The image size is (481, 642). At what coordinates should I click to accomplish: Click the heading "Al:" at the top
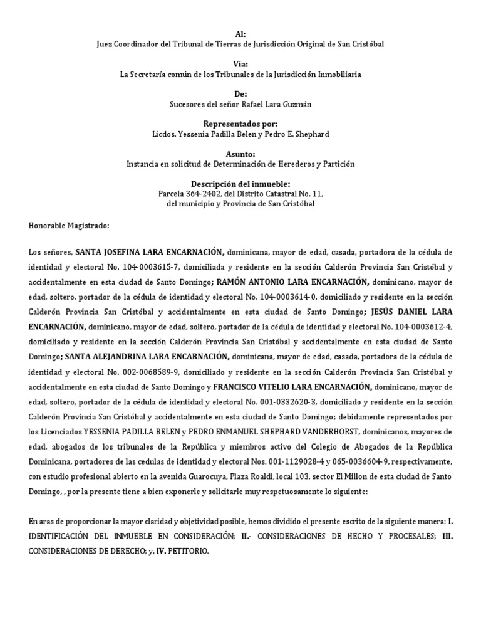pos(240,34)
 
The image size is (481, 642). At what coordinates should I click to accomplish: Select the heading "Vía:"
pos(240,65)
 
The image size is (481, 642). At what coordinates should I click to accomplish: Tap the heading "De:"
pos(240,94)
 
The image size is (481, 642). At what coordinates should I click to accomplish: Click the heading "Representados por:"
pos(240,124)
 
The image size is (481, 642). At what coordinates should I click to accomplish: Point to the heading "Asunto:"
pos(240,154)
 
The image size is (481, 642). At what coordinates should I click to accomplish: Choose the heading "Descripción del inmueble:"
pos(240,184)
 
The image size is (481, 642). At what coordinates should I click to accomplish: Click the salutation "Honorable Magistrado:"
pos(69,224)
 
